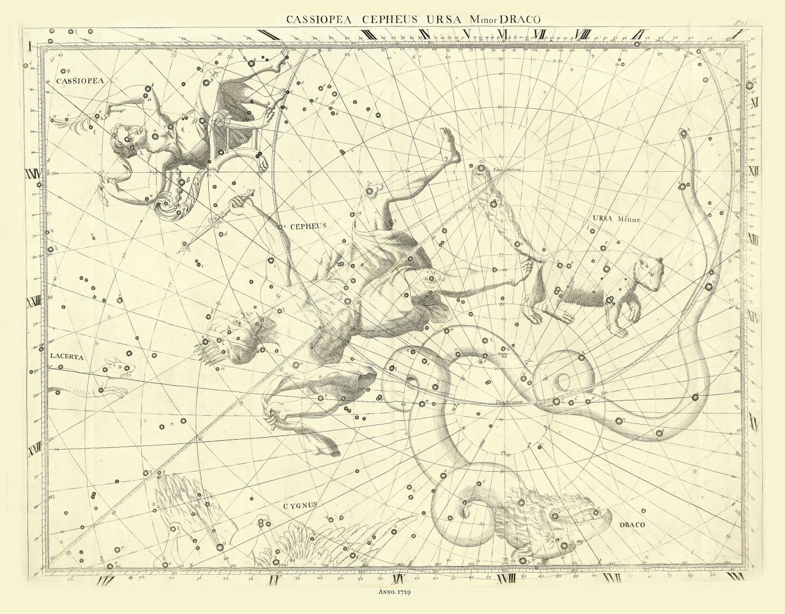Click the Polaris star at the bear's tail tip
[481, 168]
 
